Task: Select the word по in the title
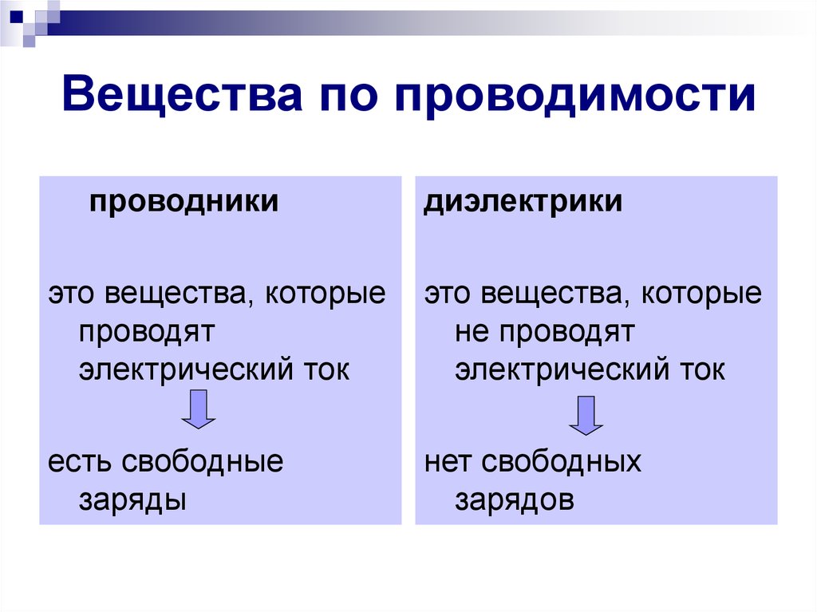click(x=348, y=97)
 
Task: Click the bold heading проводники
click(x=184, y=201)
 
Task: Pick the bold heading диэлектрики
click(x=523, y=201)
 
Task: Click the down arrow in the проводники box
click(x=199, y=409)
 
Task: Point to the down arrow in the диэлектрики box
click(x=586, y=416)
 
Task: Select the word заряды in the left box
click(x=133, y=500)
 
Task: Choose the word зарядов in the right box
click(x=515, y=500)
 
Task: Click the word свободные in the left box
click(x=203, y=461)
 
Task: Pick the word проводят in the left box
click(x=147, y=332)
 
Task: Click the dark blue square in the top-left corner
click(x=17, y=17)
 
